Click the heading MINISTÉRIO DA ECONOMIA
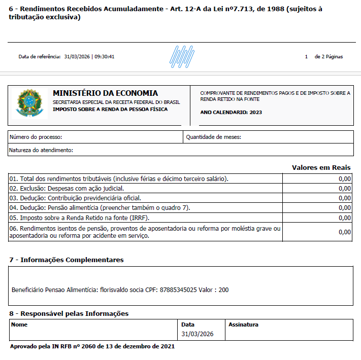point(105,93)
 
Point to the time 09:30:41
point(105,57)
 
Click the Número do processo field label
point(36,137)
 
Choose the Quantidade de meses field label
point(213,137)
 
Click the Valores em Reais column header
point(321,167)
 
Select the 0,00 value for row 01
point(344,178)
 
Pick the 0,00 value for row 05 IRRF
point(344,218)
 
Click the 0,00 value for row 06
point(344,232)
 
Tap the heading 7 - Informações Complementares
point(66,260)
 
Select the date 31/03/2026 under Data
point(197,334)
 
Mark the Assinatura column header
point(243,324)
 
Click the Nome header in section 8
point(19,324)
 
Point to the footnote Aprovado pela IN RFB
point(92,346)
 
